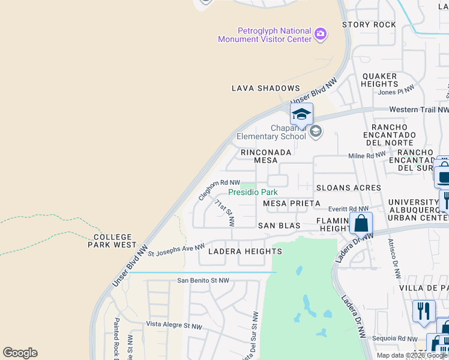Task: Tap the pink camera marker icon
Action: (321, 34)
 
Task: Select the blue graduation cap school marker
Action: (301, 113)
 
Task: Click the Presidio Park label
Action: (253, 192)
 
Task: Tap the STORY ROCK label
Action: (369, 25)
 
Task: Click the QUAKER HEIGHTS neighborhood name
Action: (379, 80)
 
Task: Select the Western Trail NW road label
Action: (418, 110)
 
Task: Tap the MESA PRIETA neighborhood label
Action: (292, 203)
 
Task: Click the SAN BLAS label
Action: (279, 226)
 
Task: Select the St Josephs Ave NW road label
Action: (176, 250)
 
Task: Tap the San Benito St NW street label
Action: (203, 280)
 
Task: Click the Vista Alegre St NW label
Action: (175, 325)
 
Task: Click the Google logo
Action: (20, 353)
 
